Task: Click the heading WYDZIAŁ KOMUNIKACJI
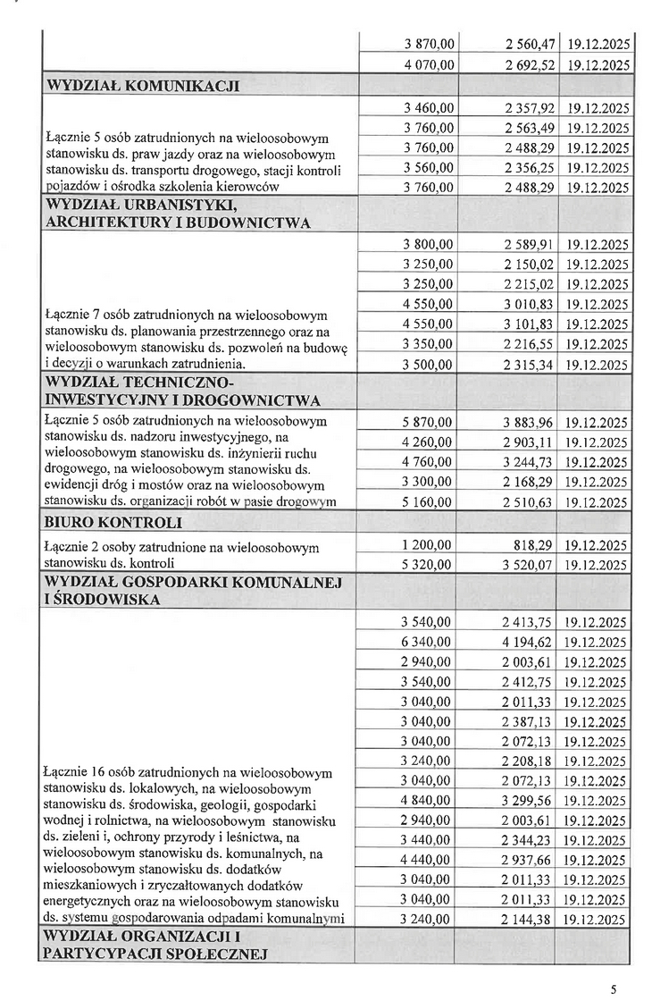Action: coord(142,86)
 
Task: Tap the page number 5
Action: coord(614,989)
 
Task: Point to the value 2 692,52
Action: coord(531,64)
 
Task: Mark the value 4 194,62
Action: coord(531,643)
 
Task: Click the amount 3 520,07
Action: coord(531,565)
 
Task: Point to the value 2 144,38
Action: coord(531,920)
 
